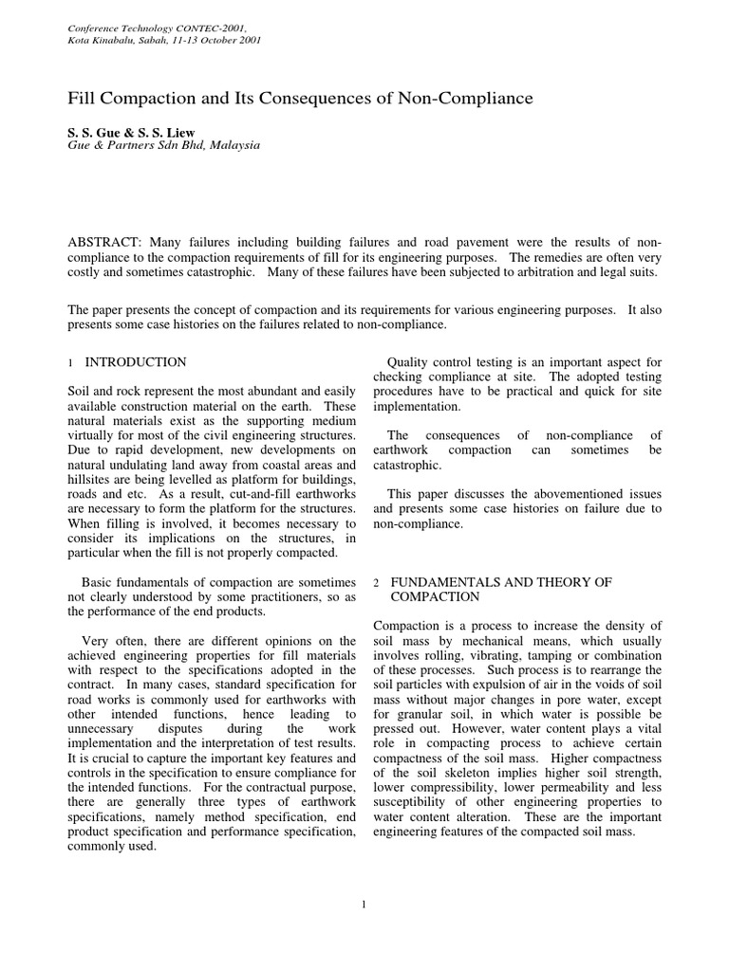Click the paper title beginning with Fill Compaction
(299, 98)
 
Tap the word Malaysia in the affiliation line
(232, 146)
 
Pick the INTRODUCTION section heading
(136, 362)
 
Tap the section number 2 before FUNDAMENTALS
(377, 582)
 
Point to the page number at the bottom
(364, 906)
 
